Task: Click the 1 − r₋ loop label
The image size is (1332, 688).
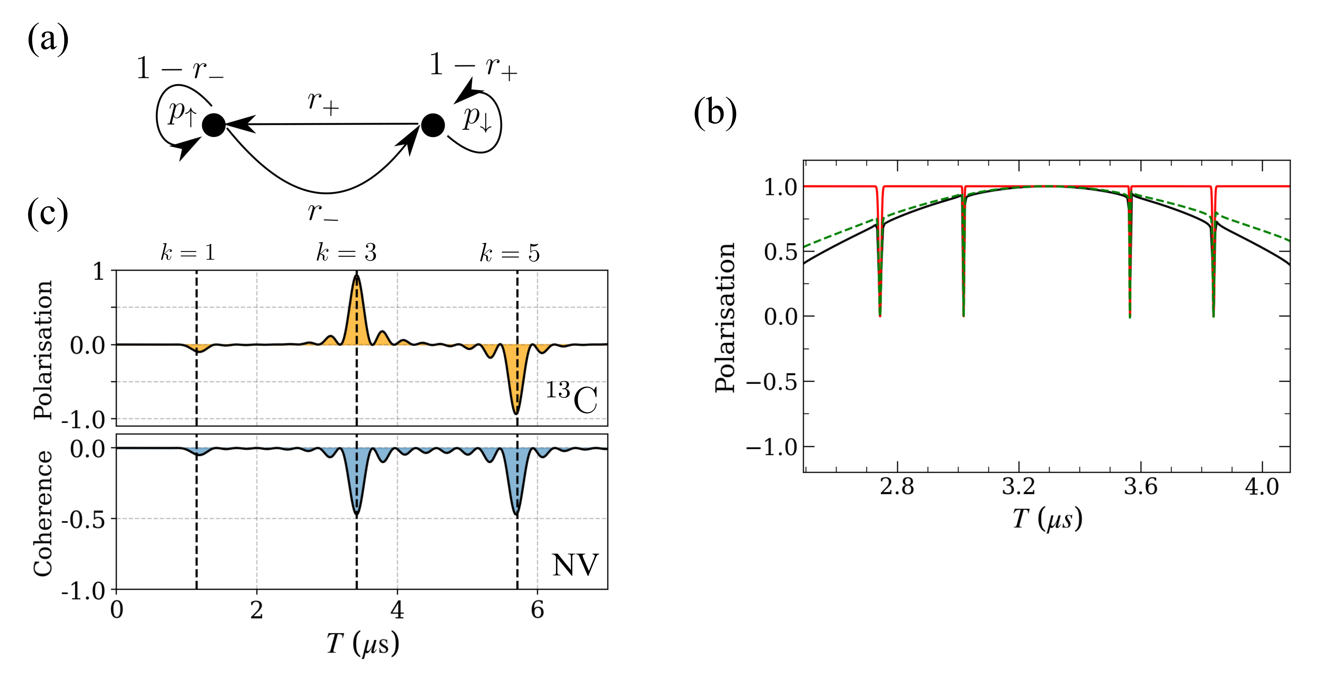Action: (180, 69)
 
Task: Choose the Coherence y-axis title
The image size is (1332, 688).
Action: (42, 513)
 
